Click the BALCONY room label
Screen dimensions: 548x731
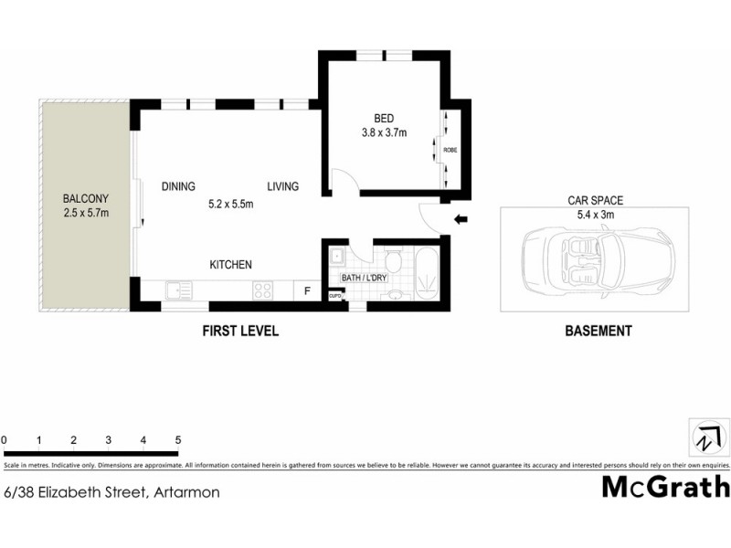click(x=86, y=198)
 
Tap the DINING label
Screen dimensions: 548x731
click(x=179, y=187)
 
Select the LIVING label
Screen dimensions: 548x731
click(x=283, y=187)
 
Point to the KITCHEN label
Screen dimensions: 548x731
click(x=230, y=265)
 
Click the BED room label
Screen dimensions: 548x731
click(x=384, y=118)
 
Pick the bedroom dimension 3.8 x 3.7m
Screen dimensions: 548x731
click(x=384, y=132)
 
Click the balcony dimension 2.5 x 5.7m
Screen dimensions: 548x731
click(x=86, y=214)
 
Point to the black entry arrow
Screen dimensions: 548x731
click(x=461, y=219)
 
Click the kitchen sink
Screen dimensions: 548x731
click(x=175, y=291)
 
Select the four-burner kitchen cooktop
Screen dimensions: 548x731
click(x=263, y=291)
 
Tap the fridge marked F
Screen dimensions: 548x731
click(x=307, y=291)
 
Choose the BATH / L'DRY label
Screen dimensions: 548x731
click(x=364, y=278)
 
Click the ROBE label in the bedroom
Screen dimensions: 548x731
click(x=450, y=150)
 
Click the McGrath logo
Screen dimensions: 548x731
click(x=665, y=486)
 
